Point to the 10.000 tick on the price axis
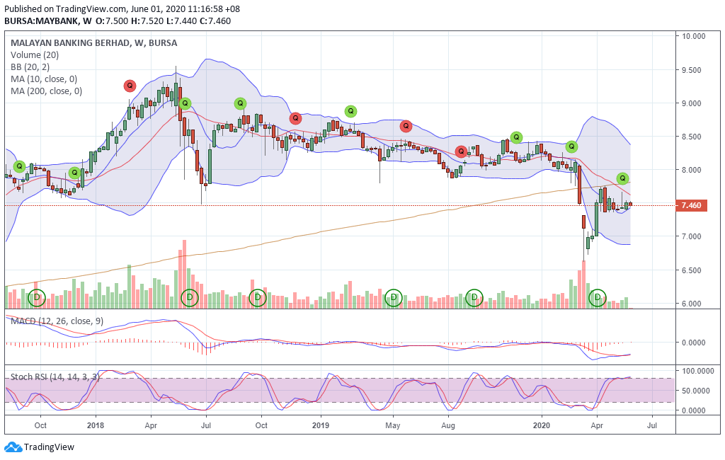(x=695, y=36)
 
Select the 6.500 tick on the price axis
(x=695, y=270)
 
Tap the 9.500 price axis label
(x=695, y=70)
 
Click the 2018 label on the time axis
(x=96, y=425)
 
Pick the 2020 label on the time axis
(x=542, y=425)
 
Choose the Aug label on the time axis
(x=447, y=425)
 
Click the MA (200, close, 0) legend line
(x=46, y=91)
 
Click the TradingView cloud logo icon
(x=13, y=447)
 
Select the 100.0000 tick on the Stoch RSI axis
(x=697, y=371)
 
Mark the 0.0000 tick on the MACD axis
(x=695, y=343)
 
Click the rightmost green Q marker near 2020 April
(x=622, y=178)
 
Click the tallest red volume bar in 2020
(x=584, y=284)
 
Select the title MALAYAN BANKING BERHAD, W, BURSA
(x=94, y=42)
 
